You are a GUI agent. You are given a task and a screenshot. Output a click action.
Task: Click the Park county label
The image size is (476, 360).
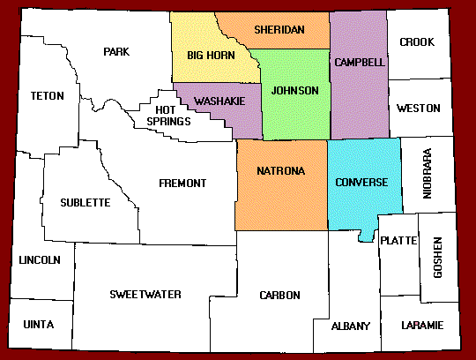click(x=115, y=51)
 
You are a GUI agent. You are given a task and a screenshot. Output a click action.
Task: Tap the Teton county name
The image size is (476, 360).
click(x=47, y=95)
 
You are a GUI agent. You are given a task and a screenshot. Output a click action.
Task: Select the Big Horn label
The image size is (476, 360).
click(x=209, y=56)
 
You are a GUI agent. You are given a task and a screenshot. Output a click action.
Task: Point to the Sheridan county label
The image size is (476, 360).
click(x=279, y=30)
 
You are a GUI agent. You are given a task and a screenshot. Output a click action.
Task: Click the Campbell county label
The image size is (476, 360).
click(x=359, y=63)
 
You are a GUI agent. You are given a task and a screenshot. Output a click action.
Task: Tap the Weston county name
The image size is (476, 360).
click(x=419, y=109)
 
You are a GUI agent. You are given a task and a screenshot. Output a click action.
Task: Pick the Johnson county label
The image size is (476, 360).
click(x=294, y=91)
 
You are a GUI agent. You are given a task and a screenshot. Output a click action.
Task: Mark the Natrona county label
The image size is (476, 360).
click(x=281, y=170)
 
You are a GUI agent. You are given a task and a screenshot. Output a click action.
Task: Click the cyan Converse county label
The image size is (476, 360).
click(x=361, y=183)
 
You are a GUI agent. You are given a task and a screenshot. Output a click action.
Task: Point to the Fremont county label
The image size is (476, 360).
click(x=182, y=183)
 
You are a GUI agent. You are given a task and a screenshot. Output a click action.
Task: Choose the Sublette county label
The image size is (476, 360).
click(x=86, y=202)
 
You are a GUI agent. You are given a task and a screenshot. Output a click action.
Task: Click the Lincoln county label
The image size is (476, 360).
click(x=40, y=259)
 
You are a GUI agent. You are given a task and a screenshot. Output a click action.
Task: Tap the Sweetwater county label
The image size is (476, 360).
click(x=145, y=294)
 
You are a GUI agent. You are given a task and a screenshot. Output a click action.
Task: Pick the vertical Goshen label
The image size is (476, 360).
click(x=438, y=258)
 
